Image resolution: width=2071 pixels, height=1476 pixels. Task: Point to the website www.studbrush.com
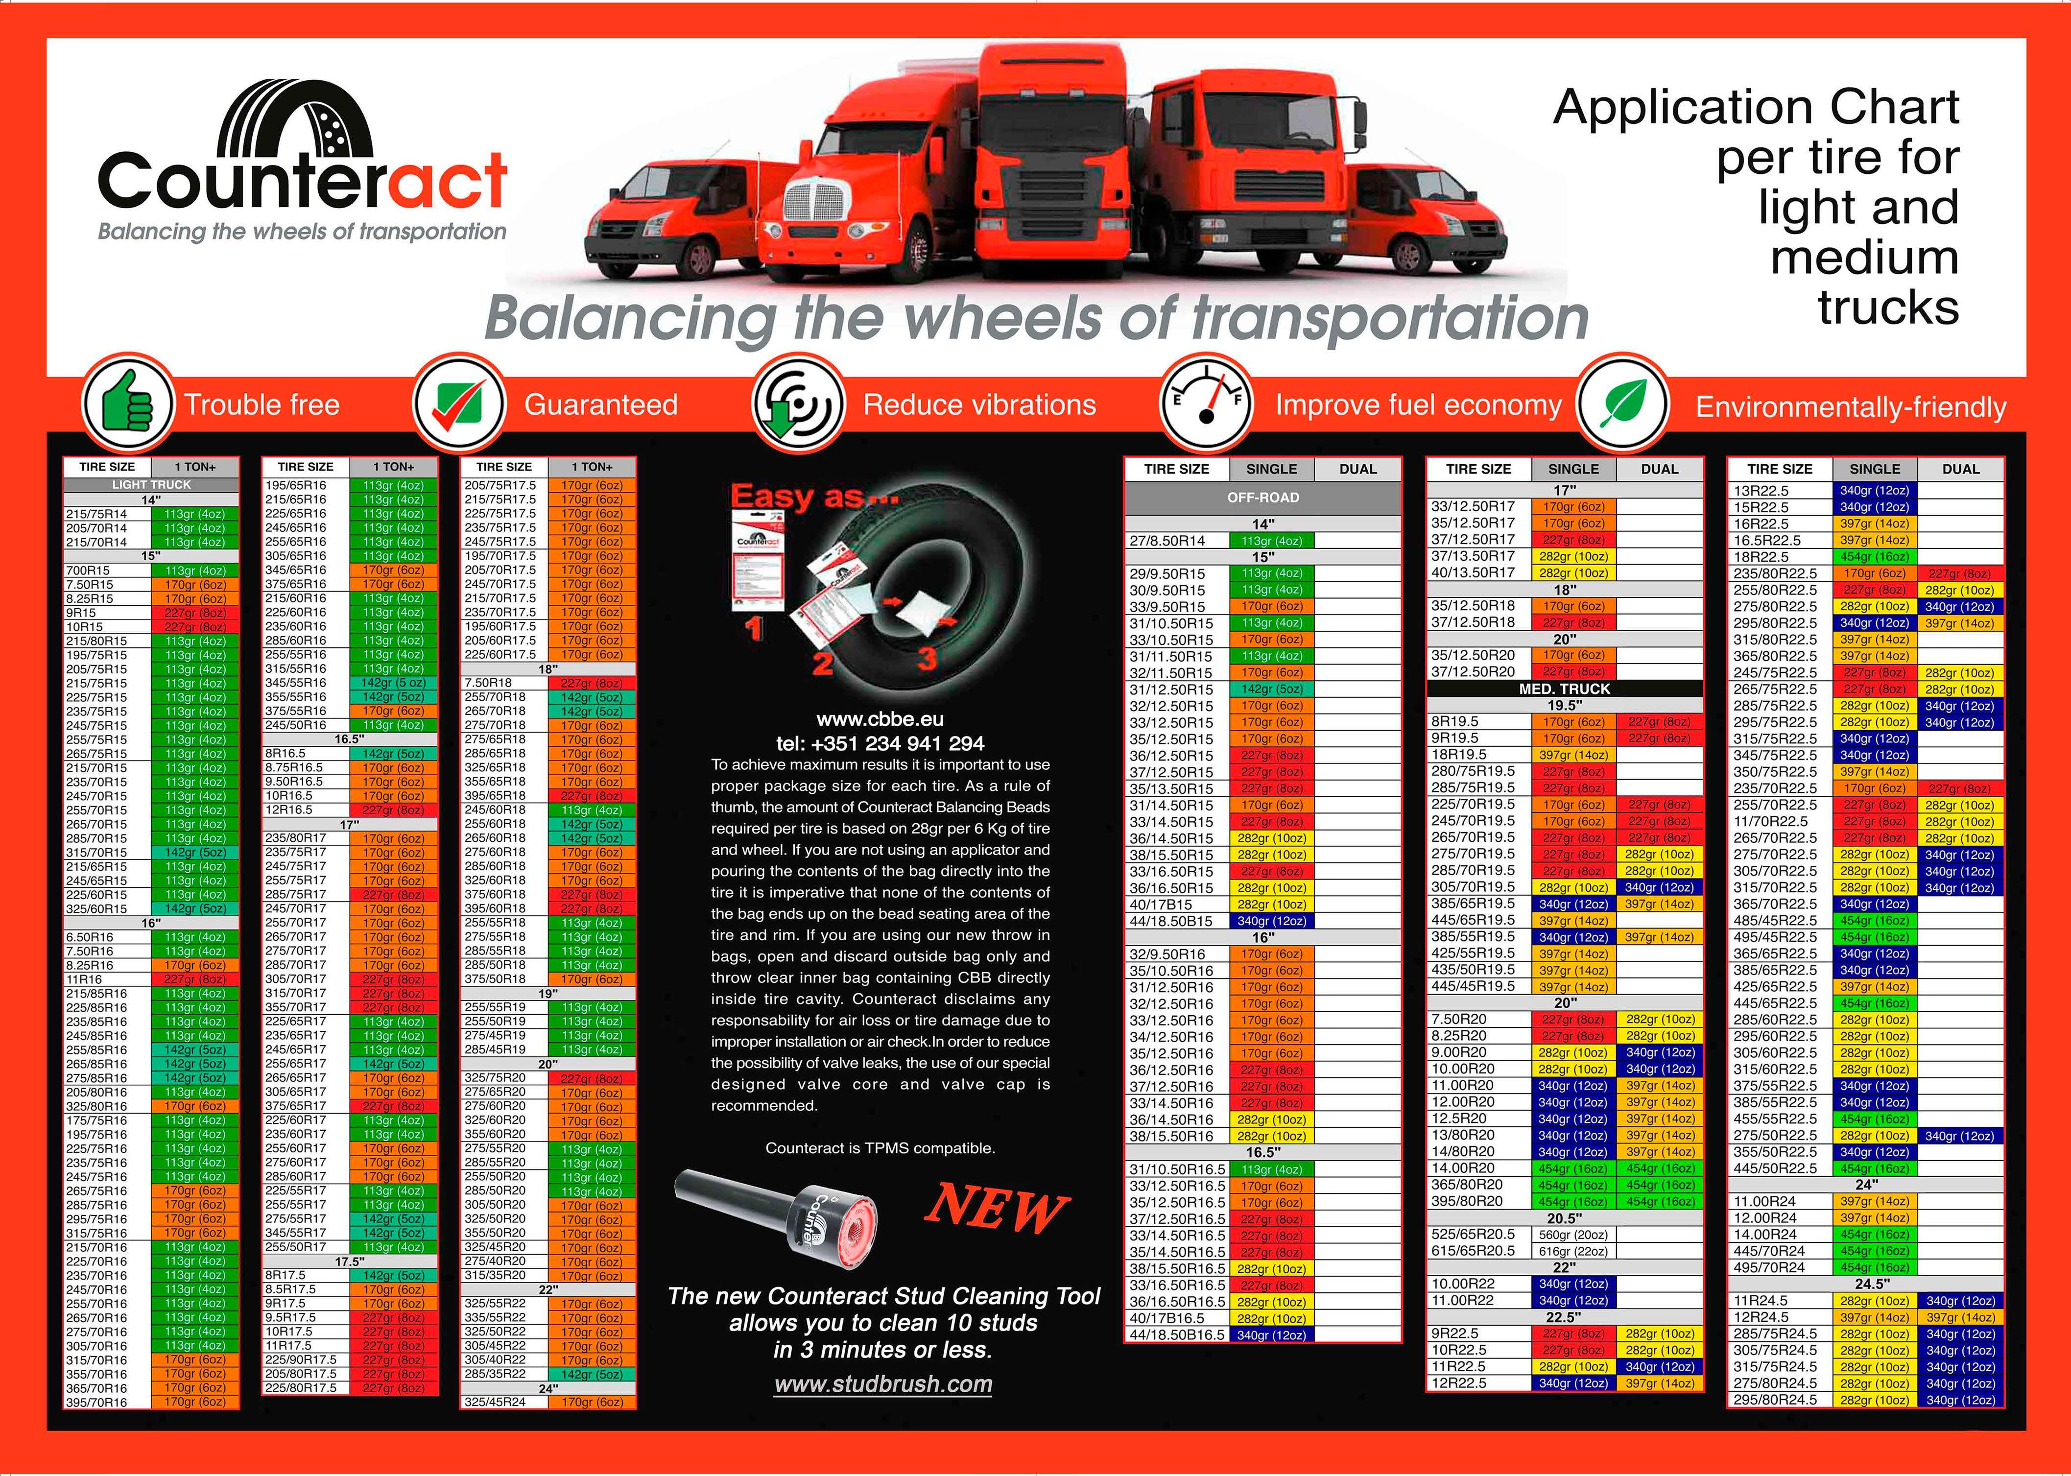tap(882, 1384)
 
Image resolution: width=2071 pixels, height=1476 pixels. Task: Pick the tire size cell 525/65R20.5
tap(1473, 1234)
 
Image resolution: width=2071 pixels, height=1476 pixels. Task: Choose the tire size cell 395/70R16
tap(96, 1402)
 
